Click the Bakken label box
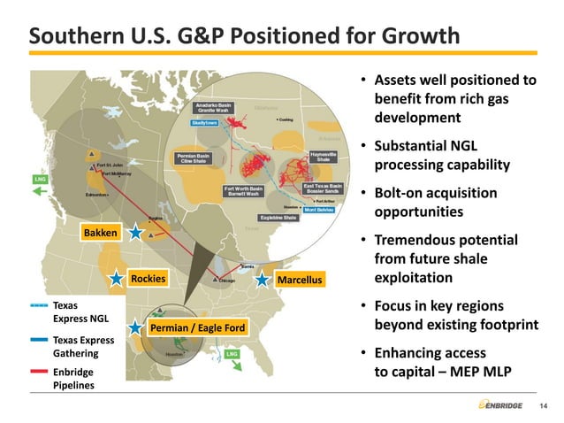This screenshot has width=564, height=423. tap(99, 233)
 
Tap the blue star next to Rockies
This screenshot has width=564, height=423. tap(117, 280)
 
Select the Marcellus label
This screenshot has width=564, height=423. tap(301, 281)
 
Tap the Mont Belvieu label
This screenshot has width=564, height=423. tap(318, 210)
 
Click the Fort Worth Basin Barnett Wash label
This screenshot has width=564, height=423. tap(243, 190)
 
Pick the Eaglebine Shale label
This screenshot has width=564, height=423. tap(278, 218)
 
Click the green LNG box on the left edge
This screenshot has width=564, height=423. tap(39, 180)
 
